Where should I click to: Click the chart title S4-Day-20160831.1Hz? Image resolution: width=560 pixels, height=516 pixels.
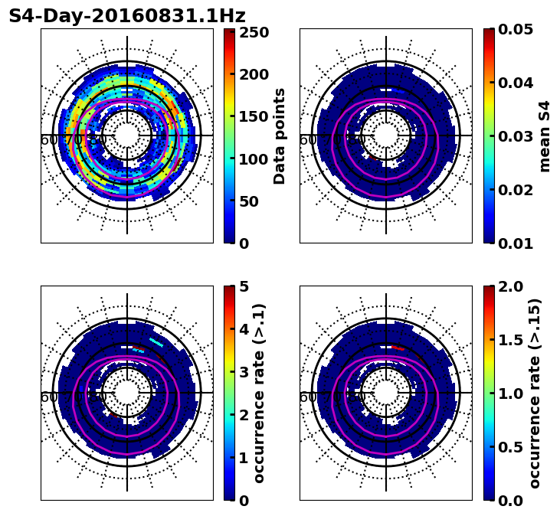(x=127, y=16)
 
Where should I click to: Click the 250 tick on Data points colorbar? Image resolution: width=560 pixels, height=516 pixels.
(x=252, y=32)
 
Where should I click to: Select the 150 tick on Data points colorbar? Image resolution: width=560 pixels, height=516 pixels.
(x=252, y=116)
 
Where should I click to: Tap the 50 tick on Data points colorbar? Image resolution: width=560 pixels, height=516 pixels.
(x=252, y=201)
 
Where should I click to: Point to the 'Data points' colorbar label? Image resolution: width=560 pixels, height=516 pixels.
(x=280, y=136)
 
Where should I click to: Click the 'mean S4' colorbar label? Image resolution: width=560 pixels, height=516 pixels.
(x=545, y=136)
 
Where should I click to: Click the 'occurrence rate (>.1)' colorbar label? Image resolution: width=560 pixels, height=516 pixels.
(x=259, y=393)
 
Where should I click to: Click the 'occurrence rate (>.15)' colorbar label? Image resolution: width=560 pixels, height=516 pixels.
(x=535, y=393)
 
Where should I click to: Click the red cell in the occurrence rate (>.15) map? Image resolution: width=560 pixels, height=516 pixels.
(x=398, y=348)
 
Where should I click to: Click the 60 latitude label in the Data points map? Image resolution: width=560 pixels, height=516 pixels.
(x=47, y=139)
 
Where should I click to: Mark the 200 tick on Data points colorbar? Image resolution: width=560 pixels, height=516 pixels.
(x=252, y=74)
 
